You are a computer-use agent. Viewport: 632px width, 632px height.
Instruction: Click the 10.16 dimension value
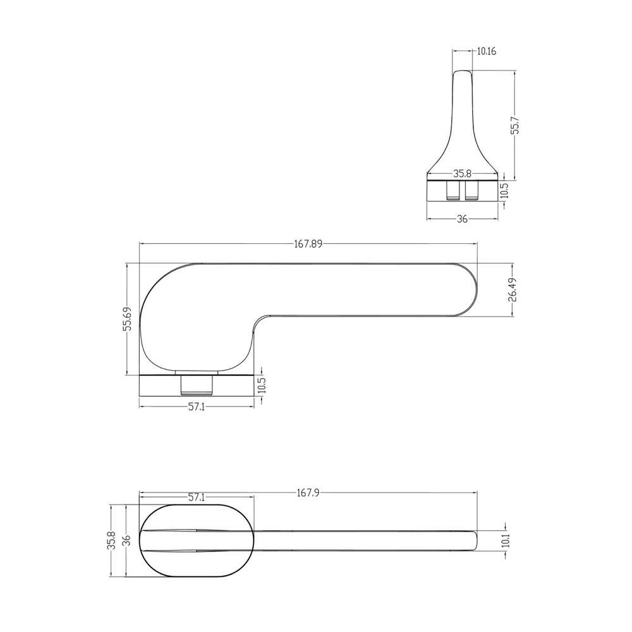pyautogui.click(x=487, y=51)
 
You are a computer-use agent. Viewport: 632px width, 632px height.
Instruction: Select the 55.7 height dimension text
pyautogui.click(x=516, y=126)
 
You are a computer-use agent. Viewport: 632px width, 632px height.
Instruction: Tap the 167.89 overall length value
pyautogui.click(x=308, y=244)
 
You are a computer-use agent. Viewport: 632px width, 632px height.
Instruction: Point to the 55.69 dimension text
pyautogui.click(x=128, y=319)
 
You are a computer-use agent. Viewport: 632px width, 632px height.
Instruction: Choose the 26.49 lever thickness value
pyautogui.click(x=512, y=289)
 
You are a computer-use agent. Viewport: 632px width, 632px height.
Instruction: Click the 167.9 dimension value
pyautogui.click(x=308, y=492)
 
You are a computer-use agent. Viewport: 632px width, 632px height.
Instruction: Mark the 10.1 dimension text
pyautogui.click(x=506, y=540)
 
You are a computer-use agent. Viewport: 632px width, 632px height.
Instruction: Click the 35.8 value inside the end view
pyautogui.click(x=463, y=174)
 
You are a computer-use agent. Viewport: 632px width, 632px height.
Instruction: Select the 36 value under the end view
pyautogui.click(x=463, y=219)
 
